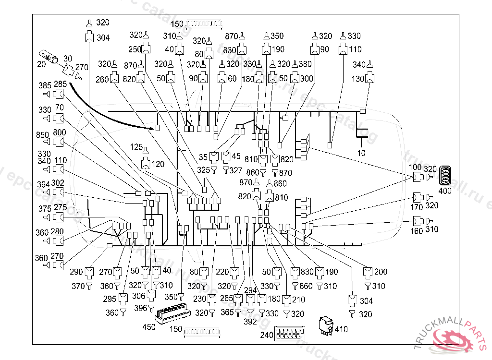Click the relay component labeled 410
coord(327,324)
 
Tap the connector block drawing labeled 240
coord(289,333)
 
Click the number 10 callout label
coord(361,153)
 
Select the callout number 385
coord(45,85)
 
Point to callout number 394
coord(44,184)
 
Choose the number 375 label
coord(45,209)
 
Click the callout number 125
coord(137,146)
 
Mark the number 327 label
coord(236,170)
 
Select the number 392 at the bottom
coord(250,322)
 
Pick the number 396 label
coord(140,308)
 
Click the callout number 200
coord(381,272)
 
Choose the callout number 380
coord(306,64)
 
